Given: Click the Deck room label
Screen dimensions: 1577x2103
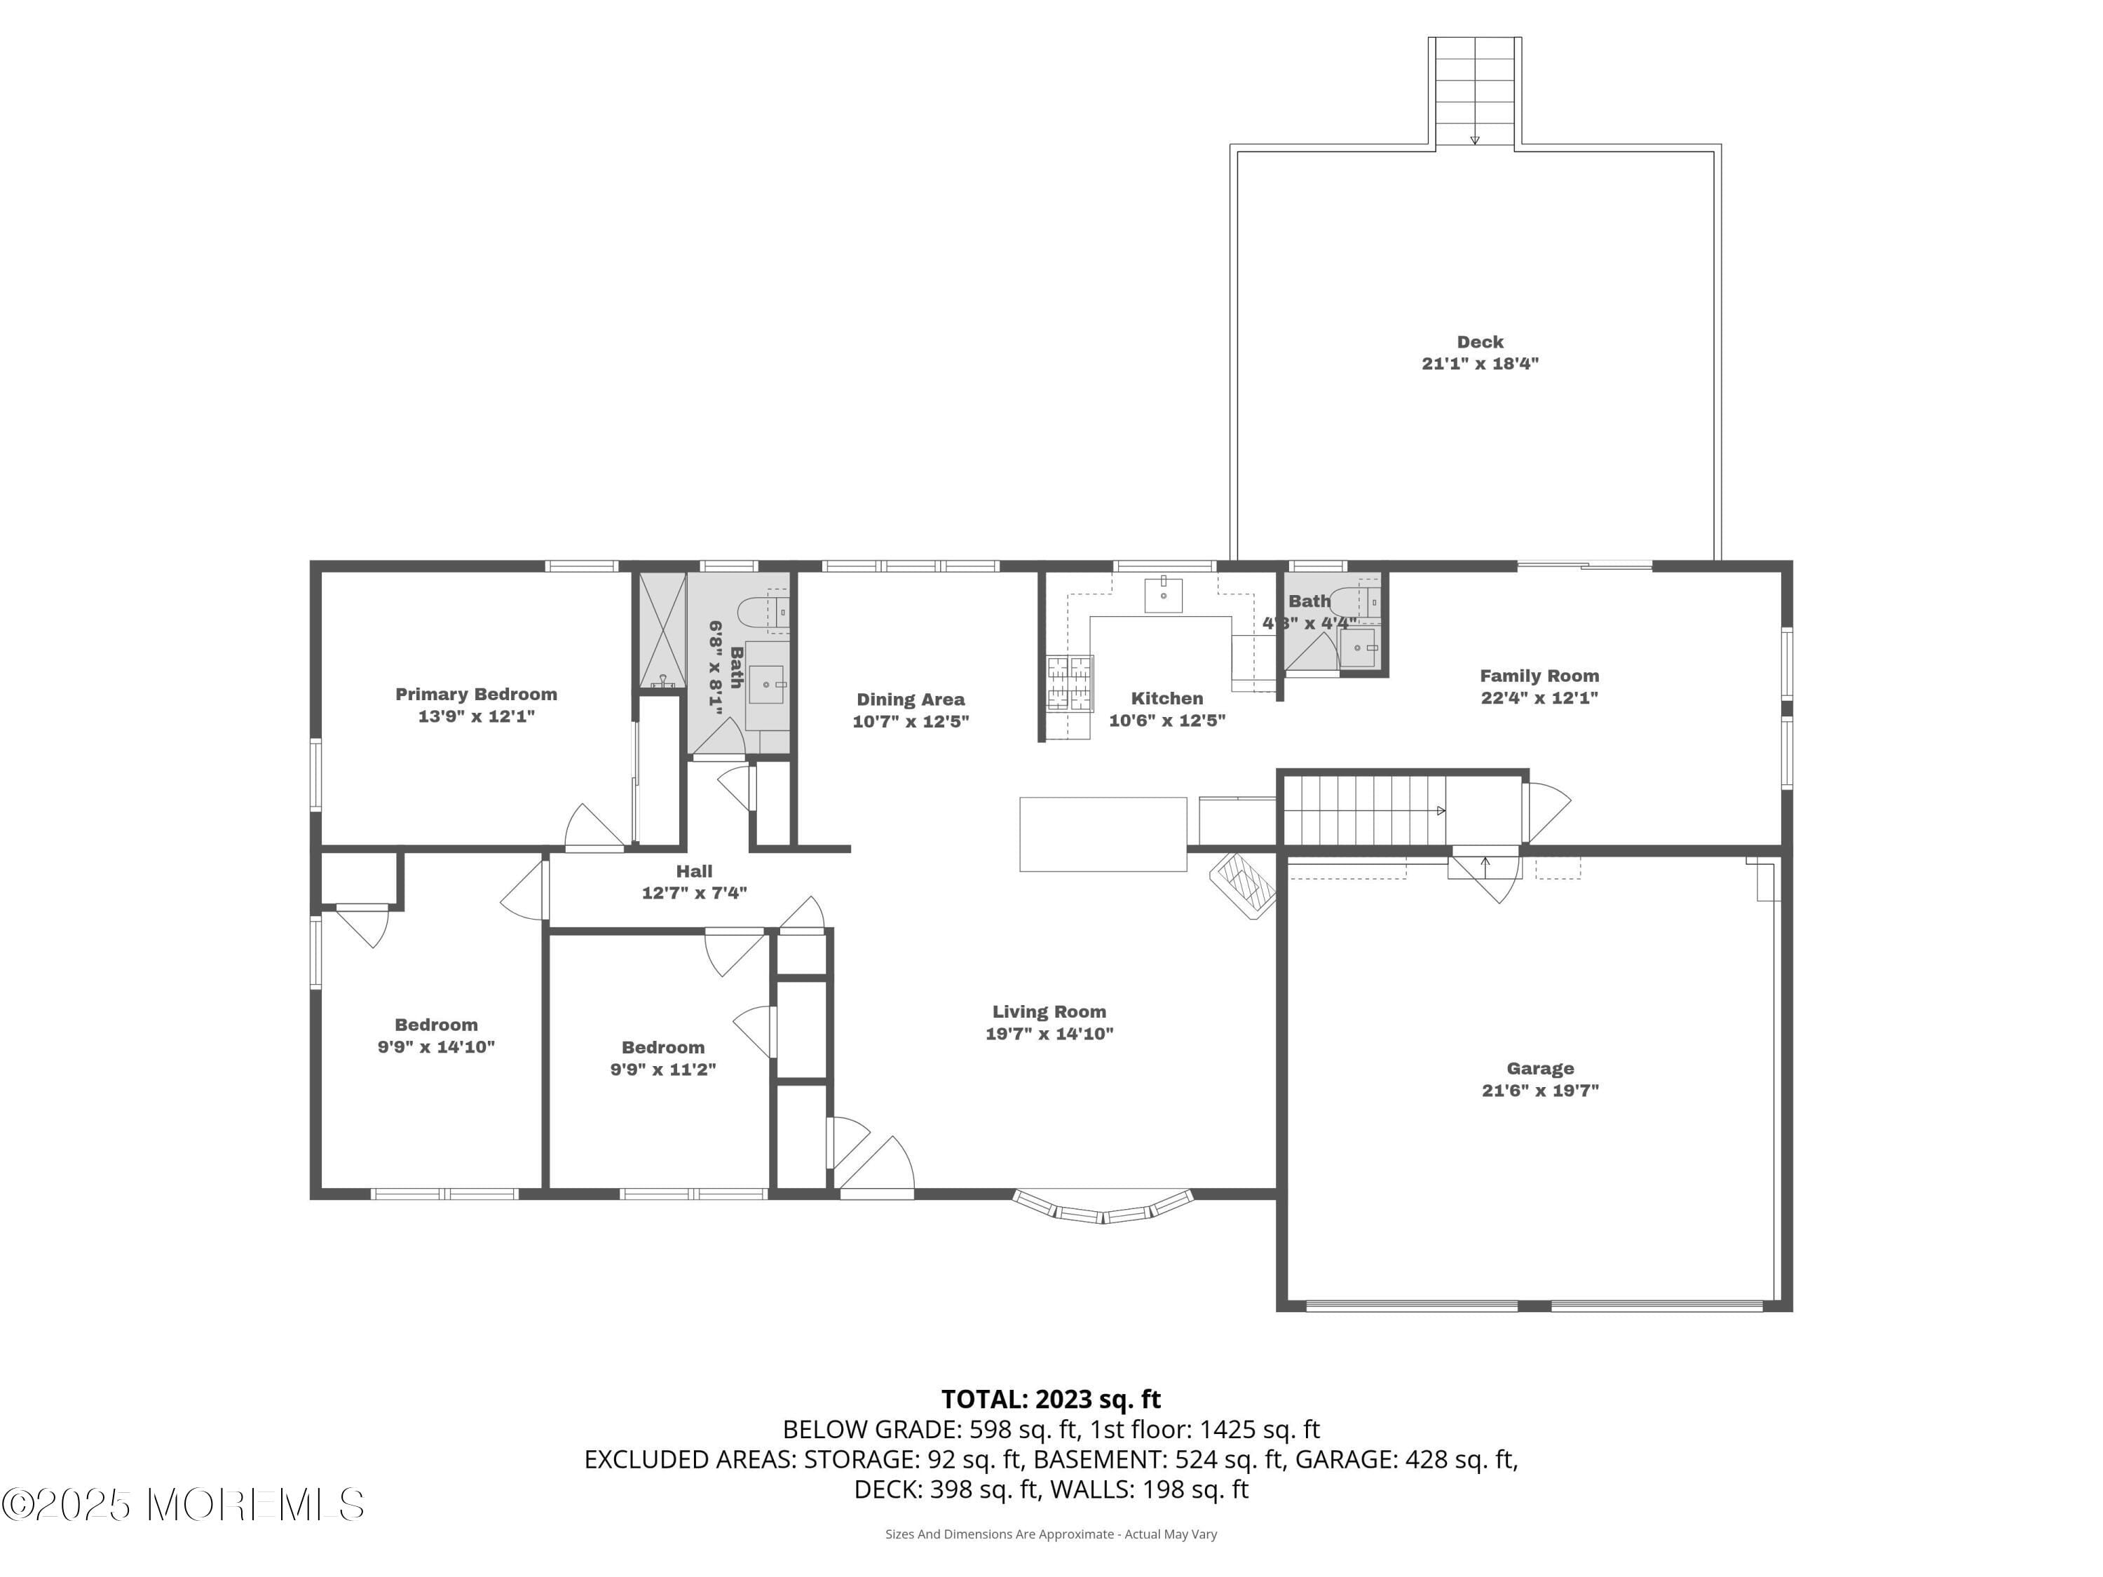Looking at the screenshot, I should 1479,342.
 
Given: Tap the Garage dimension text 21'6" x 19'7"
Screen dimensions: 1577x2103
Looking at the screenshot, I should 1539,1091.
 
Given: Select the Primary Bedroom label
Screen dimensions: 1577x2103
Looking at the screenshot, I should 475,695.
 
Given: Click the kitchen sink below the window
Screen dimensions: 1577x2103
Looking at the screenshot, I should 1163,594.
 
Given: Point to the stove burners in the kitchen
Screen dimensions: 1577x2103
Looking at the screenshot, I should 1070,683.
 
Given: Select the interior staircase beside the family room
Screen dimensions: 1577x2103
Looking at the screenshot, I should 1363,810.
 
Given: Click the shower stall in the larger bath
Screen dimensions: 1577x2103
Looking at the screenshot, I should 662,629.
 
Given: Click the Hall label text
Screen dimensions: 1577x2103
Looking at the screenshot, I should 694,871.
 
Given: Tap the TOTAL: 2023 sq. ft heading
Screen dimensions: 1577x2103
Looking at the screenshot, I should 1051,1399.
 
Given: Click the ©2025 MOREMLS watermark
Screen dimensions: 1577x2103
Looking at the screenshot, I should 182,1505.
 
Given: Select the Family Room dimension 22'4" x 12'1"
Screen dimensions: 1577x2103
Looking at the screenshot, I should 1539,697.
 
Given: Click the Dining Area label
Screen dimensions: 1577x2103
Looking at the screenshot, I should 910,699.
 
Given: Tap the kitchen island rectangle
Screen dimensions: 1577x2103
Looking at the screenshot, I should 1103,833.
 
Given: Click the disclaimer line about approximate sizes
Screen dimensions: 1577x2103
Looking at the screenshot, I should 1051,1534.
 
